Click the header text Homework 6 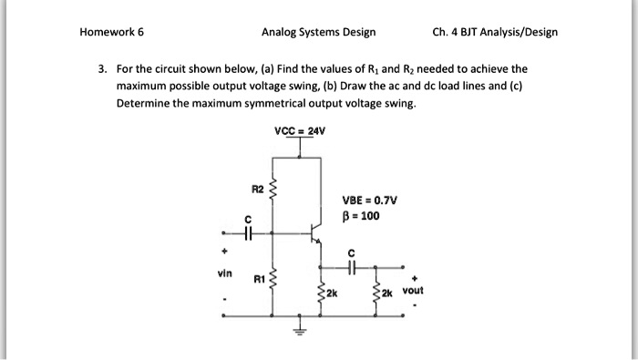112,32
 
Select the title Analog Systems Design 318,32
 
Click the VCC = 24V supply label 300,131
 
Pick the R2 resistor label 258,189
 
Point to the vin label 224,272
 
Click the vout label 412,292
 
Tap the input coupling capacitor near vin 246,231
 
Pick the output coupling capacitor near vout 352,268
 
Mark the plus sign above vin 223,246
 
